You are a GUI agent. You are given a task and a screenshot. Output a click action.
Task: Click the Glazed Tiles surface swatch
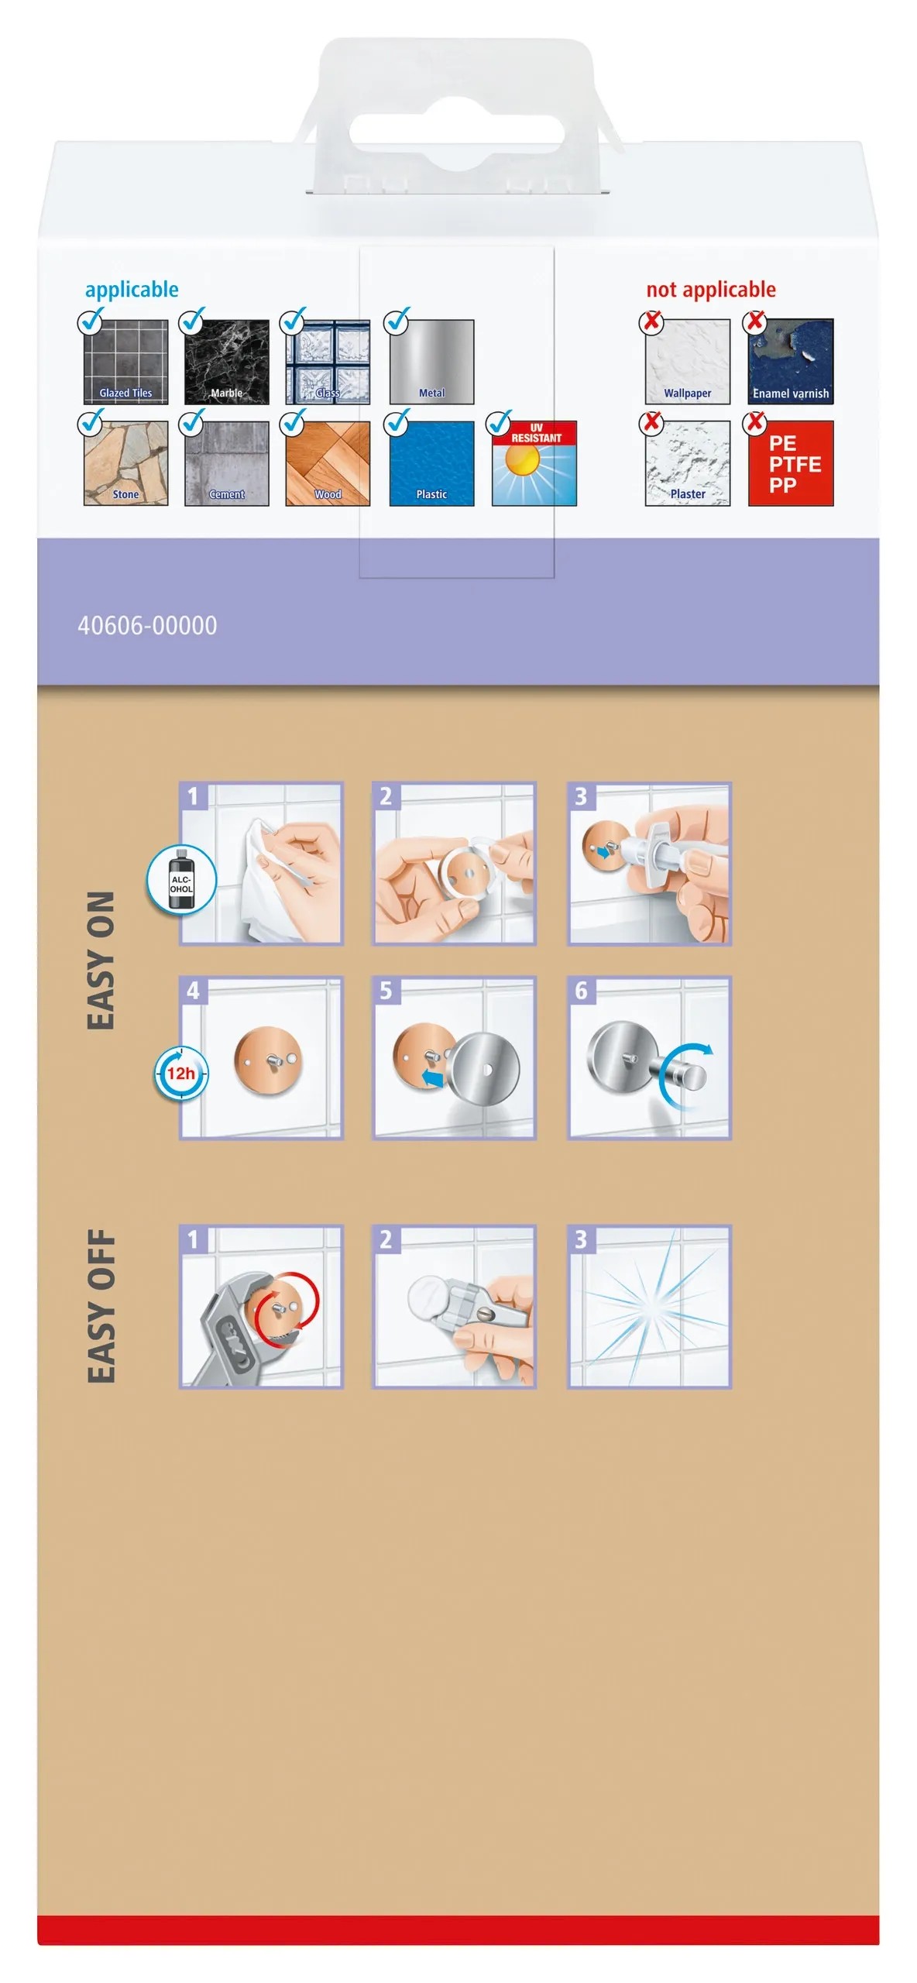[125, 362]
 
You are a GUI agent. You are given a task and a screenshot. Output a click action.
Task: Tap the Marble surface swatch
[227, 362]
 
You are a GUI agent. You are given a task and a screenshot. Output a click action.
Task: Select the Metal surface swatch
[431, 362]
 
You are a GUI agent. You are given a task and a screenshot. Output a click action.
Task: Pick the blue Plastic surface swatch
[431, 463]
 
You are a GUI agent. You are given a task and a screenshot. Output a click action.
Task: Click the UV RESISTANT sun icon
[534, 463]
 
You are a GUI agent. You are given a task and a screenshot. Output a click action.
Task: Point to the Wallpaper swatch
[688, 362]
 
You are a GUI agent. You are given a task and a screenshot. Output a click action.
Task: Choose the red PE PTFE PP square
[791, 463]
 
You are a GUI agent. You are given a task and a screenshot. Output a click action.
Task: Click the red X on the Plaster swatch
[653, 422]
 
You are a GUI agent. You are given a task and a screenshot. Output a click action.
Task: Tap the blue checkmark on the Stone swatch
[91, 422]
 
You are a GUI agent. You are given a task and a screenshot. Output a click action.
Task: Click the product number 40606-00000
[147, 625]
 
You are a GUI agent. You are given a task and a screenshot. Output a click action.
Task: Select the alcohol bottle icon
[181, 881]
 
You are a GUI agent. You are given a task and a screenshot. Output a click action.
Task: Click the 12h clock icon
[180, 1074]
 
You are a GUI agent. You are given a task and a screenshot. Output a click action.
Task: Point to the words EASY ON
[101, 961]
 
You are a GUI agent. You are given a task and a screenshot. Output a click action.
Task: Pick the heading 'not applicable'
[711, 290]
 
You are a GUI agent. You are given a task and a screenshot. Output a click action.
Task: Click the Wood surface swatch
[328, 463]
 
